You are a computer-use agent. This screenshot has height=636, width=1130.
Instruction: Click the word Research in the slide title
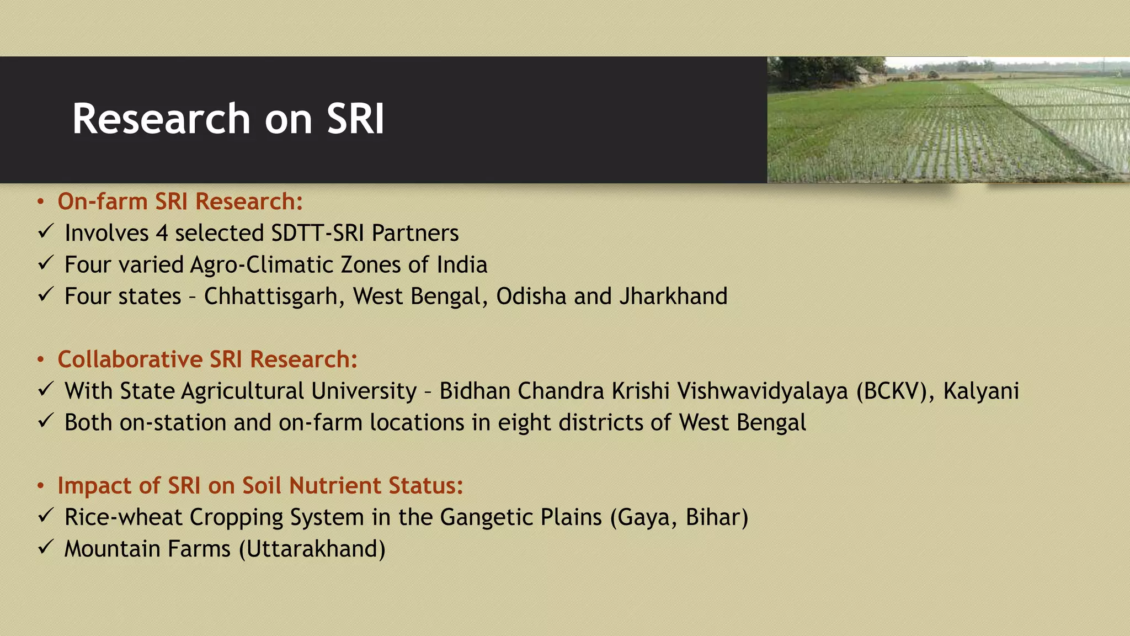point(162,119)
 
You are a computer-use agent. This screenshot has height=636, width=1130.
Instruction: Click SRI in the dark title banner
point(355,119)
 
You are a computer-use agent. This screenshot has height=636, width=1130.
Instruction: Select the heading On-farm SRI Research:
point(180,202)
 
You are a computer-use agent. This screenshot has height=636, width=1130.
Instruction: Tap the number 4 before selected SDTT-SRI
point(162,234)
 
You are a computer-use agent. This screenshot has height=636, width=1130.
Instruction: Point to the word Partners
point(415,234)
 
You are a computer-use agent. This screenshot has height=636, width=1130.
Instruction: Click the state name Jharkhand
point(673,296)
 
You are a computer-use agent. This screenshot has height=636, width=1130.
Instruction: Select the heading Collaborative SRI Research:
point(207,359)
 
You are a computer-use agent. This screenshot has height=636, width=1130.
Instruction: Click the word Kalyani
point(980,391)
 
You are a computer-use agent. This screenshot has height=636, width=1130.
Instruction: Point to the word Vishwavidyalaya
point(763,391)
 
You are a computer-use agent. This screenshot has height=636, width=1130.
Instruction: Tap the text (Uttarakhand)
point(312,549)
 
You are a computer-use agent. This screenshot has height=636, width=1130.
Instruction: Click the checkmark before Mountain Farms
point(46,547)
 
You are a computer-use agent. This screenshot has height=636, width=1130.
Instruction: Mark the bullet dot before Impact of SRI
point(40,486)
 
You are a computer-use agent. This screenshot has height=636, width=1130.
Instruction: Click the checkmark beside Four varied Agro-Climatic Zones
point(46,263)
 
